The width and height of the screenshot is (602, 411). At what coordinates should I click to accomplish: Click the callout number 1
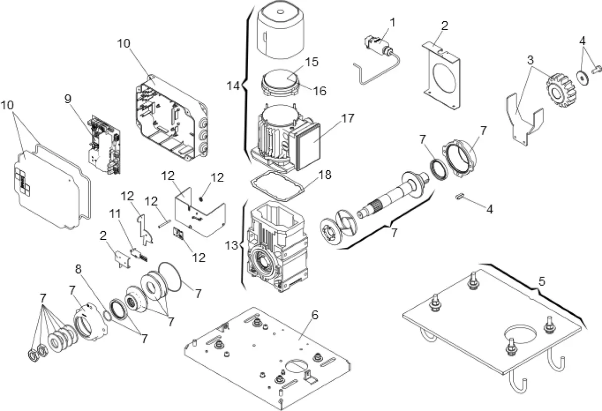tap(393, 22)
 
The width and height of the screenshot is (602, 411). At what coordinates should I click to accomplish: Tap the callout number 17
tap(347, 119)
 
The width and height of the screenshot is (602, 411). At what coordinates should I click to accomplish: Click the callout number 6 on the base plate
tap(315, 315)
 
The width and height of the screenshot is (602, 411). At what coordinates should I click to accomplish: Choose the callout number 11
tap(116, 214)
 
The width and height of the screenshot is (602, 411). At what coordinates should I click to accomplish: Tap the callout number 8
tap(79, 269)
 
